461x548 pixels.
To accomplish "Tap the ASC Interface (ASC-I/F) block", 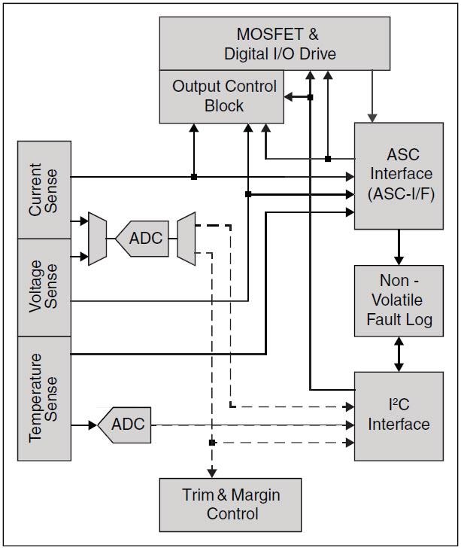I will [399, 175].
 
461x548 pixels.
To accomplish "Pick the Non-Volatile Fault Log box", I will [399, 300].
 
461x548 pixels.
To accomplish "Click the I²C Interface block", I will [399, 415].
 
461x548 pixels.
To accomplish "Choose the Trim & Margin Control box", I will [230, 504].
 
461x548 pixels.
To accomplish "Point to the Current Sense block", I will [44, 189].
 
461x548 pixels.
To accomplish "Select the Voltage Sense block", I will [44, 287].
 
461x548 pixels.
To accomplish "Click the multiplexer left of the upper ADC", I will [97, 239].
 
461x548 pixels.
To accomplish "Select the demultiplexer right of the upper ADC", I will [186, 239].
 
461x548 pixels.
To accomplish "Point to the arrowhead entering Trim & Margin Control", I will [212, 473].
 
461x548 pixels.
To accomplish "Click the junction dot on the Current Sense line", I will [194, 177].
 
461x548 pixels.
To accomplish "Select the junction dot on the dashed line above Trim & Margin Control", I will [212, 443].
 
